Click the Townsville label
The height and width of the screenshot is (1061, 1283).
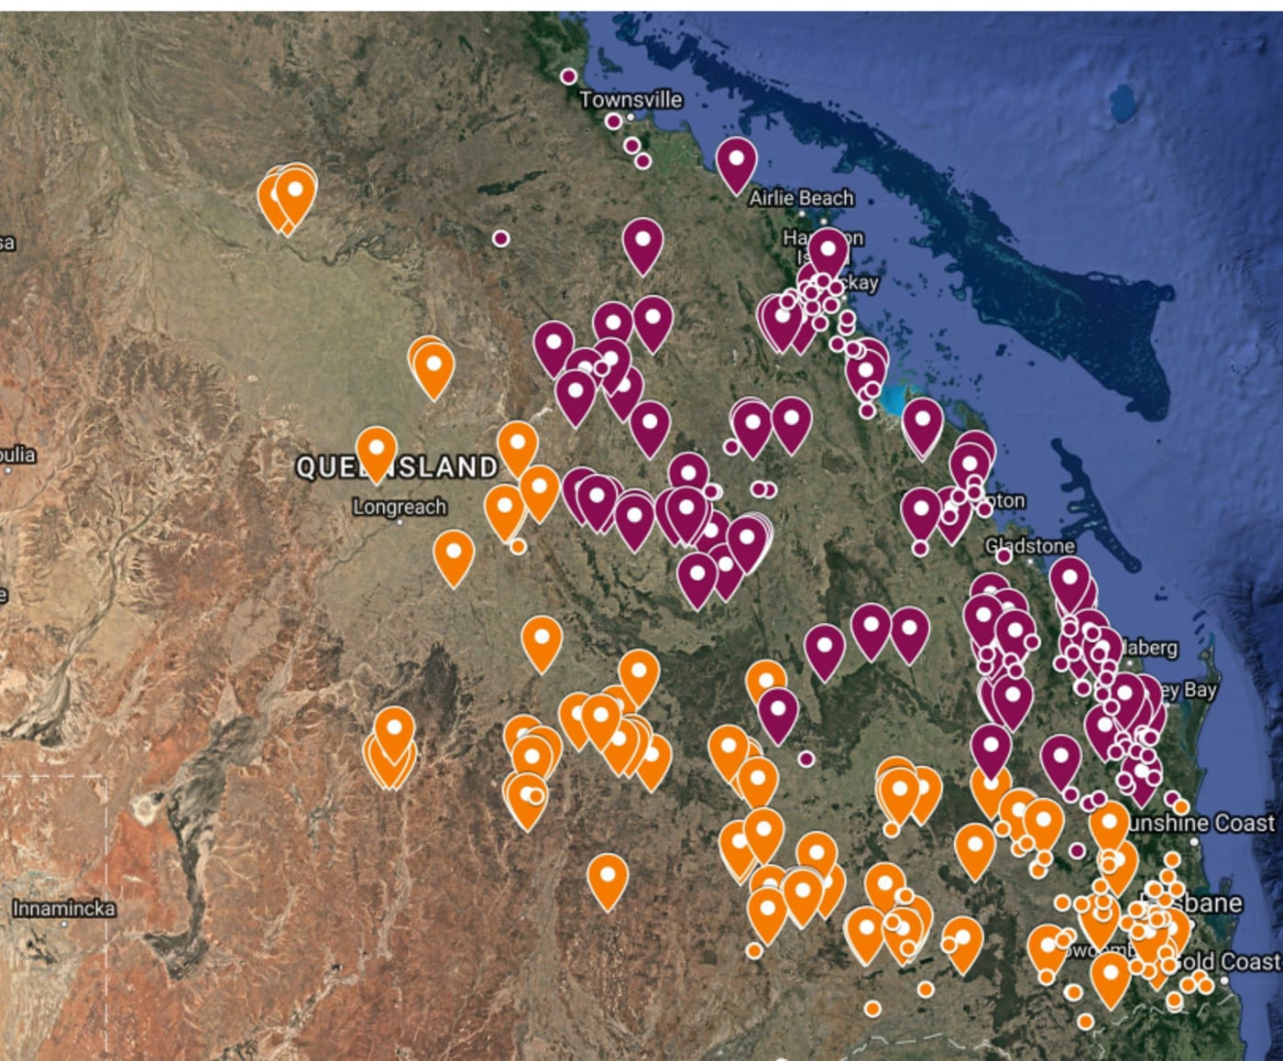click(631, 99)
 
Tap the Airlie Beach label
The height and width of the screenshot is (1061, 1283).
click(801, 198)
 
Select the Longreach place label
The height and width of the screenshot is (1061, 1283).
click(400, 507)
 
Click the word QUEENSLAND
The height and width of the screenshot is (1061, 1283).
click(397, 467)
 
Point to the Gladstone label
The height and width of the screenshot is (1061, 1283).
click(1029, 546)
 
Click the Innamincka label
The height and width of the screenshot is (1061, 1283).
click(64, 909)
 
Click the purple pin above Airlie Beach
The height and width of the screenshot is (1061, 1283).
click(736, 162)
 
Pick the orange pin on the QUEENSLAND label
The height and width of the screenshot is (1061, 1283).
click(376, 452)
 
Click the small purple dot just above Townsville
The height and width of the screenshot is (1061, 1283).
click(568, 76)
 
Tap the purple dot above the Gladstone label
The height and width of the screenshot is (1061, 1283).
click(1003, 555)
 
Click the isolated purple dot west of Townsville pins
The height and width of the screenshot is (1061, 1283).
click(500, 238)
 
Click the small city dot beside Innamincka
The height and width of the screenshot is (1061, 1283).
click(64, 924)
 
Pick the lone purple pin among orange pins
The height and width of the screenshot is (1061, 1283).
click(778, 712)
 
